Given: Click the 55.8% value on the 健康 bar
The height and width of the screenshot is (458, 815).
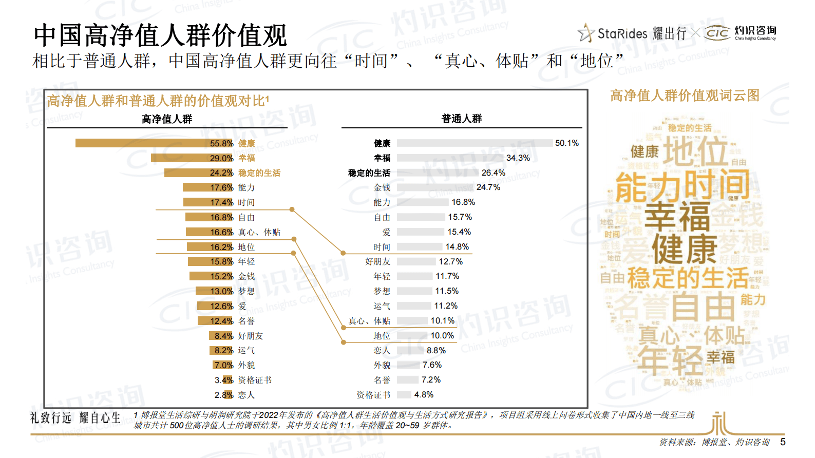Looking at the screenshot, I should click(x=221, y=143).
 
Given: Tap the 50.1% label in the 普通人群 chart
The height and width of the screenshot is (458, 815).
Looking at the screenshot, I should click(x=566, y=143).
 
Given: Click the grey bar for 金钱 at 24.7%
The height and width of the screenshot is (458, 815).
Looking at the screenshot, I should click(x=434, y=187).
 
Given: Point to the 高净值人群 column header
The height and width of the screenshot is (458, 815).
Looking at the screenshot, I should click(x=167, y=119).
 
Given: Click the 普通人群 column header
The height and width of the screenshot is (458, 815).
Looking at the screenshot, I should click(x=462, y=119).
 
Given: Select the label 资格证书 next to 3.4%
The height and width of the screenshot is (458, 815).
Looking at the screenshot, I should click(x=255, y=380).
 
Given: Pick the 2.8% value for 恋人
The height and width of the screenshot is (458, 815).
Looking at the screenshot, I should click(x=224, y=395).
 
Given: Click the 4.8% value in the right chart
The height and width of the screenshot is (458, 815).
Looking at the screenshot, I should click(x=424, y=395).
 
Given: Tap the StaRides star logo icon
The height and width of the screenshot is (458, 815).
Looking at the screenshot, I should click(x=585, y=33).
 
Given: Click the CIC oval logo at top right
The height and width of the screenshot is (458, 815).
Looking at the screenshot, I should click(x=717, y=33).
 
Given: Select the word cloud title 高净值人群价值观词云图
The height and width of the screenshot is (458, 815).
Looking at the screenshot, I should click(x=685, y=96).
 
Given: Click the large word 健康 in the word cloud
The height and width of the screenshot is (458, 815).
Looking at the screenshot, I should click(x=684, y=250).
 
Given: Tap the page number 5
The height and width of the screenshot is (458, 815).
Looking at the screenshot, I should click(x=783, y=442).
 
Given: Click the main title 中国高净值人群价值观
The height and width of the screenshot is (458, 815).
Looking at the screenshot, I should click(x=160, y=36).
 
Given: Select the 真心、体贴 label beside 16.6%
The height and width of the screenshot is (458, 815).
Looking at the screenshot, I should click(x=259, y=232).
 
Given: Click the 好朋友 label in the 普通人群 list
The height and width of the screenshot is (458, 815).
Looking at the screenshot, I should click(x=377, y=262).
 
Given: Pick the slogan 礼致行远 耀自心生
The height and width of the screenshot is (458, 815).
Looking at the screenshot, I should click(x=75, y=418).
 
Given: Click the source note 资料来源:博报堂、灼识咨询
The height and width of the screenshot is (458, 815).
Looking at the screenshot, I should click(x=714, y=442).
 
